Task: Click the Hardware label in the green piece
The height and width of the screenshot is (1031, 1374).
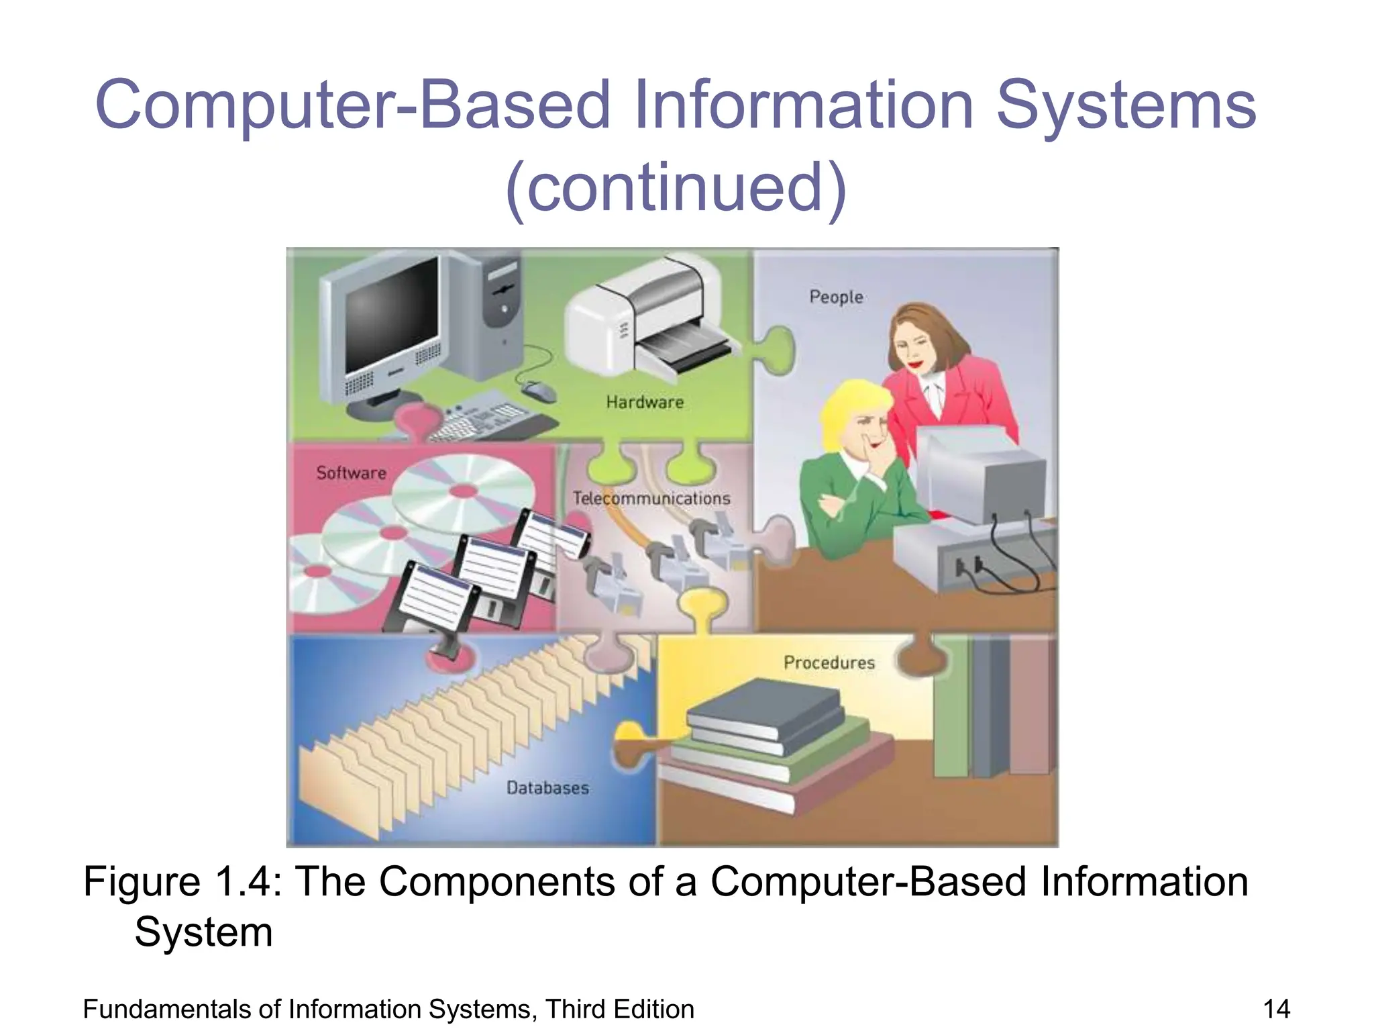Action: click(645, 402)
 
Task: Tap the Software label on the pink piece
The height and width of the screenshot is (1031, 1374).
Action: click(351, 473)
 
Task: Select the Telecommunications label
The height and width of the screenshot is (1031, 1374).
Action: click(651, 498)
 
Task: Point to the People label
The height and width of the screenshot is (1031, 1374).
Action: click(836, 297)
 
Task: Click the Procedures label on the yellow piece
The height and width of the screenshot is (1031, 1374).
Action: click(829, 662)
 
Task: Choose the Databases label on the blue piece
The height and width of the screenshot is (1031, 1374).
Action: click(547, 787)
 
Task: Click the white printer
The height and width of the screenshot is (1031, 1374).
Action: click(644, 322)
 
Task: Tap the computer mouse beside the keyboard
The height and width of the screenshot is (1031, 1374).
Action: click(539, 391)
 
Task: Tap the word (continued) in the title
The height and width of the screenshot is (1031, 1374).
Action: click(676, 187)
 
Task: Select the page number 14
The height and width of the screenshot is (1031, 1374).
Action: click(1276, 1009)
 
